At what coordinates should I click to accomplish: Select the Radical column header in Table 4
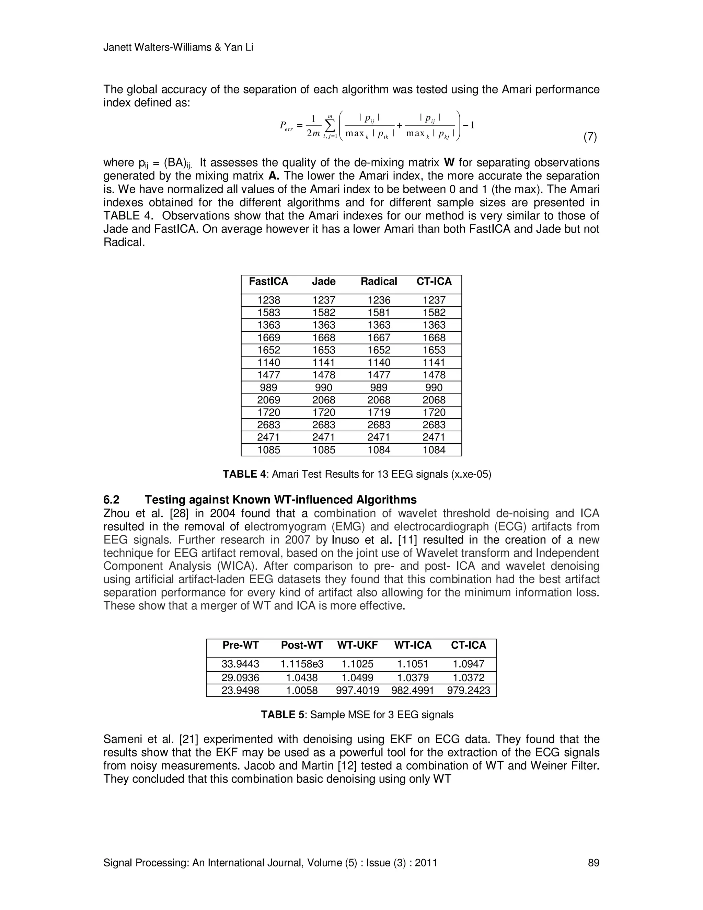379,282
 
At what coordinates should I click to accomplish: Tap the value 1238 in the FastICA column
269,300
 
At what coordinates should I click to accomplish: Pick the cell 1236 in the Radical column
379,300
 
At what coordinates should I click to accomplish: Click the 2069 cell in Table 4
269,400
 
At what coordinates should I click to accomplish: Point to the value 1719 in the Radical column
379,412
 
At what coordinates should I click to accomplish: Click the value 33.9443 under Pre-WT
240,664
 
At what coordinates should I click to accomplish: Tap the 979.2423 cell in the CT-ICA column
469,691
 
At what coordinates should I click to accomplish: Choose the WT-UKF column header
357,646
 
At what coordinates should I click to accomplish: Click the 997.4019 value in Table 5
357,691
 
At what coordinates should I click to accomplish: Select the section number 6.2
111,500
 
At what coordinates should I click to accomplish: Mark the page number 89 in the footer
593,863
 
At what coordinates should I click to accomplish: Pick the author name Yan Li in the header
239,47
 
